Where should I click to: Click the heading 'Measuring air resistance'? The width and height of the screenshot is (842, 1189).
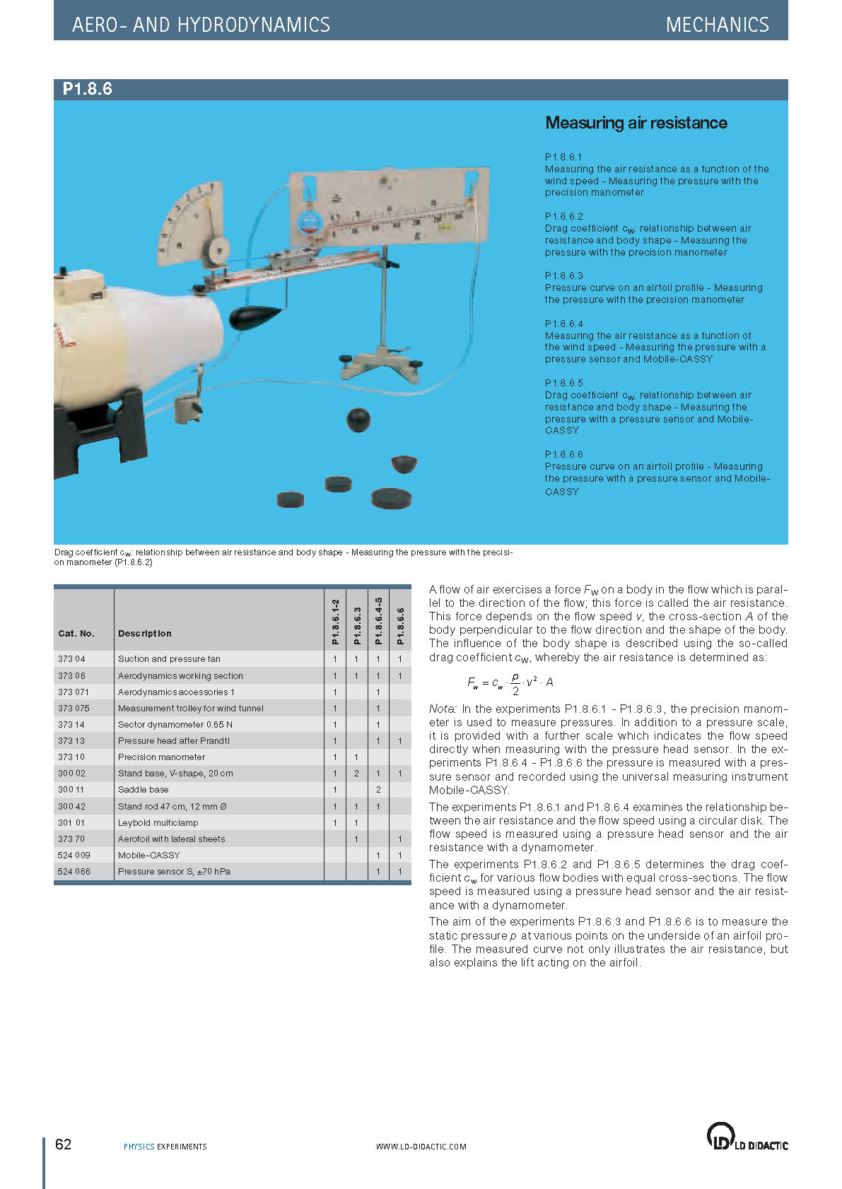[636, 123]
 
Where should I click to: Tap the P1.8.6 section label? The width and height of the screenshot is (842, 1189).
[87, 89]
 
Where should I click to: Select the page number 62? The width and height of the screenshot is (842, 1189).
[63, 1144]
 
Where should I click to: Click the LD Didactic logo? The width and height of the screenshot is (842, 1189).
[747, 1137]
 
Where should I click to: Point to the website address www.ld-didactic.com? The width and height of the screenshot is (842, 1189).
[421, 1147]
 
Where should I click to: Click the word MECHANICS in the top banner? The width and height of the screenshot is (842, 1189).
[717, 25]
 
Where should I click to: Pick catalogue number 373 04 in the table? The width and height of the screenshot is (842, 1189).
[71, 659]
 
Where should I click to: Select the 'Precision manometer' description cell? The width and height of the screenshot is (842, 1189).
[161, 757]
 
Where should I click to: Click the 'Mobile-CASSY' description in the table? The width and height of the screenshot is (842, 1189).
[148, 856]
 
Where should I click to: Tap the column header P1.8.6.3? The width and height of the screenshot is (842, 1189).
[357, 625]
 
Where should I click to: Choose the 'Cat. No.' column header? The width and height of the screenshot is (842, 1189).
[76, 634]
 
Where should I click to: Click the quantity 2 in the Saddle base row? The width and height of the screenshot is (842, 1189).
[378, 790]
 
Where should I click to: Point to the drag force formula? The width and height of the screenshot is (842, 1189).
[510, 682]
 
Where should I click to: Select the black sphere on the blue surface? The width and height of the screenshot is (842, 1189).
[358, 420]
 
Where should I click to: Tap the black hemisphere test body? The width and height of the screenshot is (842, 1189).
[404, 464]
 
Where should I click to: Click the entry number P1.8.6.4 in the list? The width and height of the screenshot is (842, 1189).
[563, 324]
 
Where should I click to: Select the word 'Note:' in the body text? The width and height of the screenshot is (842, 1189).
[443, 709]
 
